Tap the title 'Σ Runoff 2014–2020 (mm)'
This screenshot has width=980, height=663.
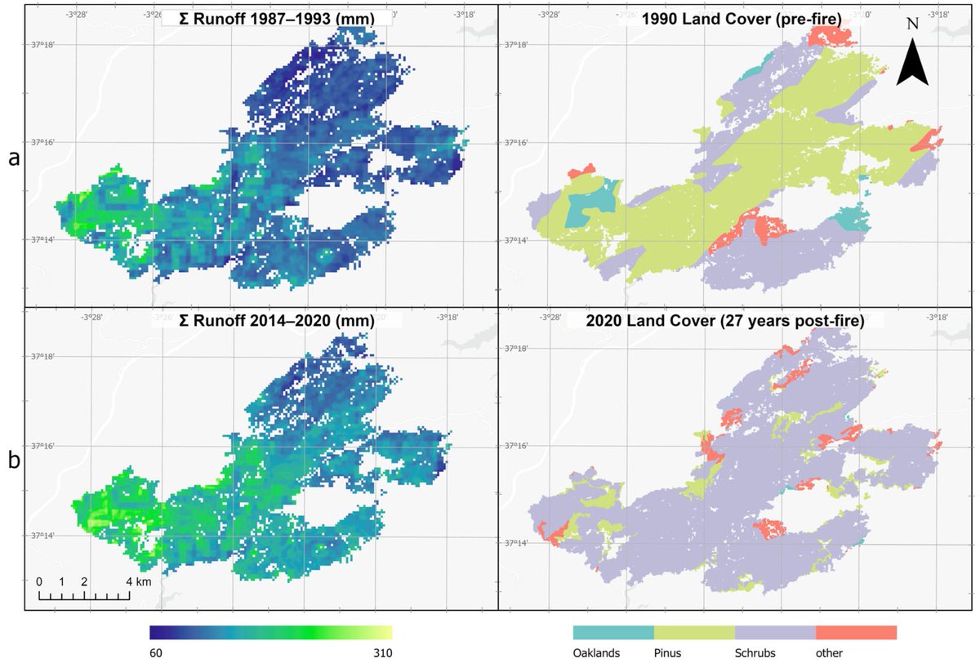point(275,322)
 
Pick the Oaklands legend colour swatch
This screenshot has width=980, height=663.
point(613,633)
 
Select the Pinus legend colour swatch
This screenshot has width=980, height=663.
point(694,633)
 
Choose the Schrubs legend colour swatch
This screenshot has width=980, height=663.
point(775,633)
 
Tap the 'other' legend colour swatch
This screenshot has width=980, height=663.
point(856,633)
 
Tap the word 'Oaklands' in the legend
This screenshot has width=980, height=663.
point(597,653)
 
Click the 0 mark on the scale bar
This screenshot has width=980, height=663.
point(38,582)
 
